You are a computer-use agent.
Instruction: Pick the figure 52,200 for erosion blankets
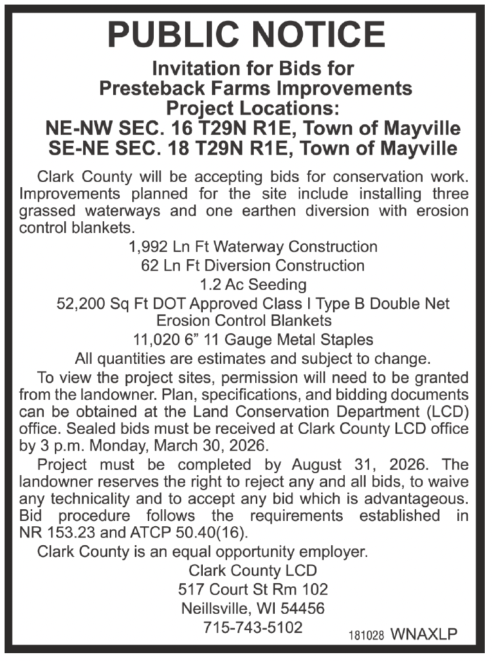(x=82, y=304)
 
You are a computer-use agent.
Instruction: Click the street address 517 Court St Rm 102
(x=253, y=589)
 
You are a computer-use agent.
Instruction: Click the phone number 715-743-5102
(x=253, y=627)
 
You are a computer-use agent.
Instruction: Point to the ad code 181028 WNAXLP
(x=402, y=635)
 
